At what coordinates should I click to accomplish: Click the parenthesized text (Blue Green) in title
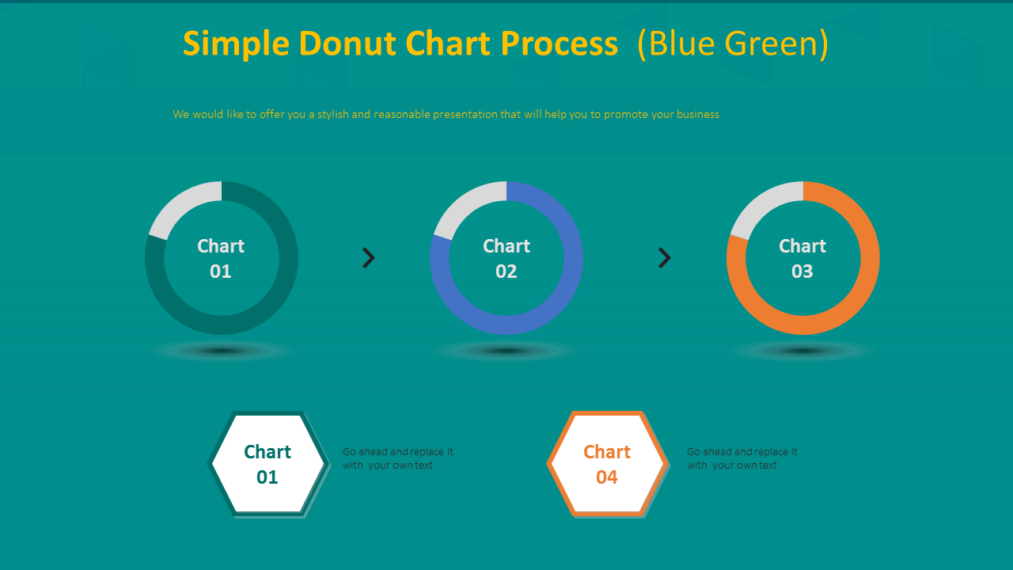pos(733,44)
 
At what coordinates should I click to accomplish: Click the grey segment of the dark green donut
pos(180,203)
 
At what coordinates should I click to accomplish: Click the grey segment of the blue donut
pos(465,203)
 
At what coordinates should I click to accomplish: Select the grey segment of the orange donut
pos(761,203)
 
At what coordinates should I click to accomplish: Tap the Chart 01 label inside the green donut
pos(221,258)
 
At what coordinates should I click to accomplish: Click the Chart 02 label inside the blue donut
pos(506,258)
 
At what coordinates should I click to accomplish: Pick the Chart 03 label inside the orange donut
pos(802,258)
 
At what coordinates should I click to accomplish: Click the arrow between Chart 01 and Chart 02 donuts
pos(369,258)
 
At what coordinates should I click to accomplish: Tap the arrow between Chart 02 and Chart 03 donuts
pos(665,258)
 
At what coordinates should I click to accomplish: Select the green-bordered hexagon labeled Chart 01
pos(267,464)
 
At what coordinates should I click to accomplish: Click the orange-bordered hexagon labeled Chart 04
pos(607,464)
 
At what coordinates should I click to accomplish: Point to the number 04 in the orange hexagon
pos(607,477)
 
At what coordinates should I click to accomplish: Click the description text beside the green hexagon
pos(397,458)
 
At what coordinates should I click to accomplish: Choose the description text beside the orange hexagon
pos(742,458)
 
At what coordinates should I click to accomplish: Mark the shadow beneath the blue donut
pos(506,351)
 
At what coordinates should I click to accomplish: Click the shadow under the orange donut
pos(802,351)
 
